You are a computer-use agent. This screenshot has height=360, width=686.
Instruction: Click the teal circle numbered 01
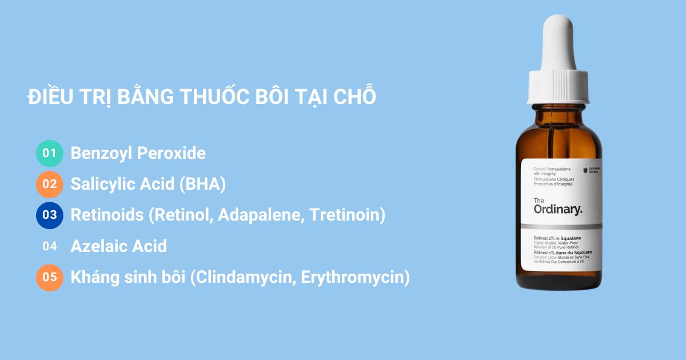pos(50,153)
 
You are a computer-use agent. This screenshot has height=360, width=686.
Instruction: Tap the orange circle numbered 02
pos(50,184)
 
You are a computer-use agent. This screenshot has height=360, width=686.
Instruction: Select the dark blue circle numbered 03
pos(50,215)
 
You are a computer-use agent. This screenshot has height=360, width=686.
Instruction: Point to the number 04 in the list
pos(50,246)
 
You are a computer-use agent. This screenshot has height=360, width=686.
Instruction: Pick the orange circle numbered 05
pos(50,277)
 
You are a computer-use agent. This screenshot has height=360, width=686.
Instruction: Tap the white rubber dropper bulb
pos(558,43)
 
